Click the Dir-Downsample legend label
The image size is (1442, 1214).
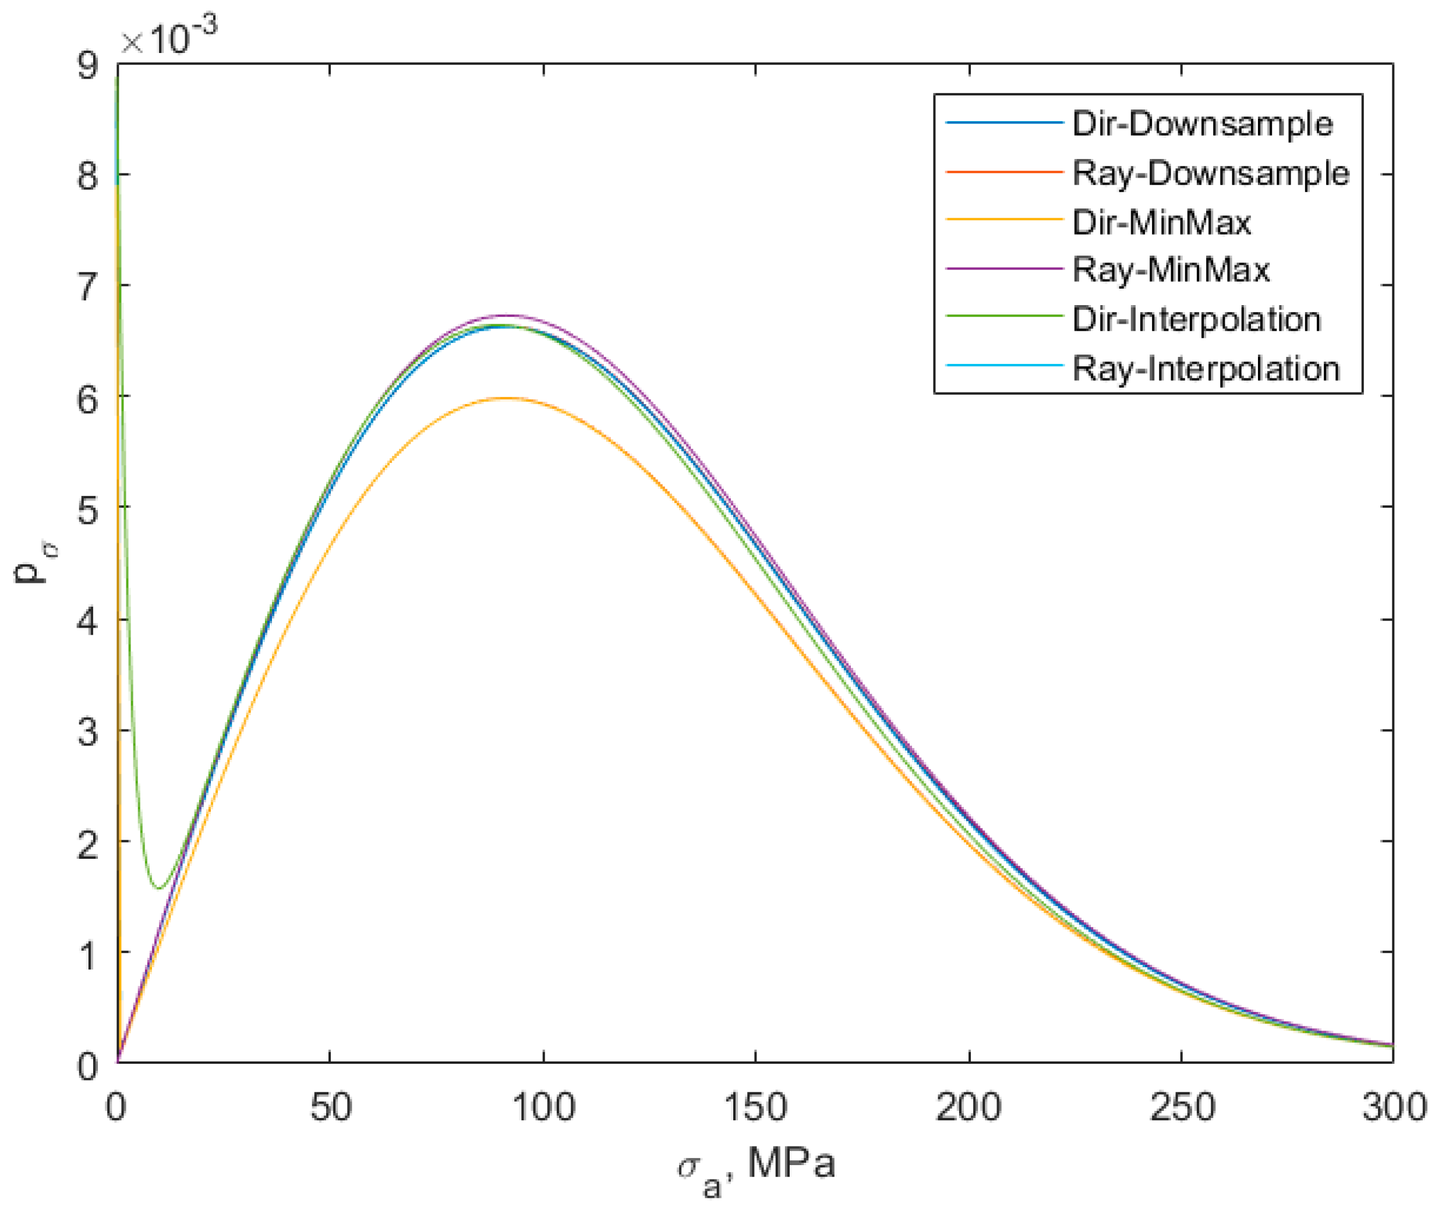[1202, 124]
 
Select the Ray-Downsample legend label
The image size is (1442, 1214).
[1210, 173]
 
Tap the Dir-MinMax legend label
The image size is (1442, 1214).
[1161, 222]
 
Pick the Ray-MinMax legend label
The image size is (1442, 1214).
[1170, 269]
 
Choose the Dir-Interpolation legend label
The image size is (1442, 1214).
[1196, 319]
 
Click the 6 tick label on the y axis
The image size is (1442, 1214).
[87, 398]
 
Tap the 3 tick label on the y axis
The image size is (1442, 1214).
[87, 731]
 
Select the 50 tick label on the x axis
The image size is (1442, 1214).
[330, 1107]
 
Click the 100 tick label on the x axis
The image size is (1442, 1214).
[543, 1107]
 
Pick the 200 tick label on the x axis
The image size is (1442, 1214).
[969, 1107]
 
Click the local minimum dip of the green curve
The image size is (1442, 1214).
[159, 888]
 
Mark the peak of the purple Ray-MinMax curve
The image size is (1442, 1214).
[510, 315]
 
